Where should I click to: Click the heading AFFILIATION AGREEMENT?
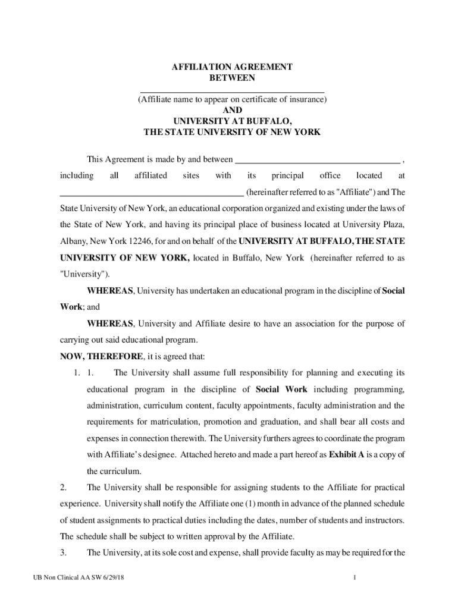(x=232, y=67)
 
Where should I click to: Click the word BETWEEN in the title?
(x=232, y=78)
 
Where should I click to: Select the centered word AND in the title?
(x=232, y=111)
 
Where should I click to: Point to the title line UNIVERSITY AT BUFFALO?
(x=232, y=121)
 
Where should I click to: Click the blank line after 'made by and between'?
(x=318, y=161)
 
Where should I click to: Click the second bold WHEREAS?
(x=110, y=324)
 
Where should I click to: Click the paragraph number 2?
(x=63, y=488)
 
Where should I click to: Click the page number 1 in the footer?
(x=353, y=578)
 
